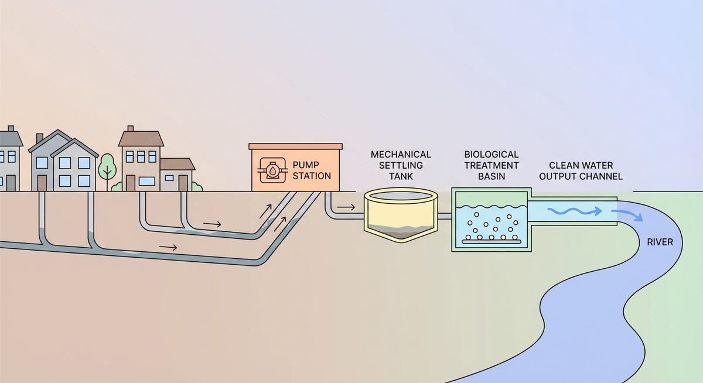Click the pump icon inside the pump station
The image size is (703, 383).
click(273, 170)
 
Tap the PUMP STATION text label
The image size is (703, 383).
click(312, 170)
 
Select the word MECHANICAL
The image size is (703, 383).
click(401, 155)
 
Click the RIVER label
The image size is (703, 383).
click(660, 242)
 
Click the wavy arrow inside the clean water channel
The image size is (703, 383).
click(574, 211)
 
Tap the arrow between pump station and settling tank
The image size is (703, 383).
click(346, 207)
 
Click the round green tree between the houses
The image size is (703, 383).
click(107, 166)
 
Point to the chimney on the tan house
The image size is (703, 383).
click(130, 128)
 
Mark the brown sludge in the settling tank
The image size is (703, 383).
click(401, 232)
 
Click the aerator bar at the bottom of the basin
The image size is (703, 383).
click(491, 241)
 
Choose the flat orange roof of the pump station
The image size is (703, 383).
click(295, 146)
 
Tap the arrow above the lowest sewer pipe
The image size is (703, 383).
click(168, 247)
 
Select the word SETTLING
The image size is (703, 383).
click(401, 165)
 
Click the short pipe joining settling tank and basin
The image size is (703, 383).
click(445, 216)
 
